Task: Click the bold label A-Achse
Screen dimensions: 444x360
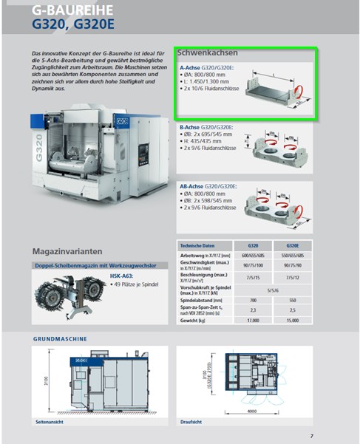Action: pyautogui.click(x=191, y=67)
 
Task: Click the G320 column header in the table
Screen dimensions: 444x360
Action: pyautogui.click(x=253, y=245)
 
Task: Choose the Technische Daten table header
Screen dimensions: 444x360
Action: pyautogui.click(x=198, y=245)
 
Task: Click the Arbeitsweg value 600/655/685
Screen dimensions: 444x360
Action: pyautogui.click(x=253, y=255)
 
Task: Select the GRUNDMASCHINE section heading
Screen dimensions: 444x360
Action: pyautogui.click(x=61, y=338)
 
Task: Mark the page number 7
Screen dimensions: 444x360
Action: pyautogui.click(x=312, y=435)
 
